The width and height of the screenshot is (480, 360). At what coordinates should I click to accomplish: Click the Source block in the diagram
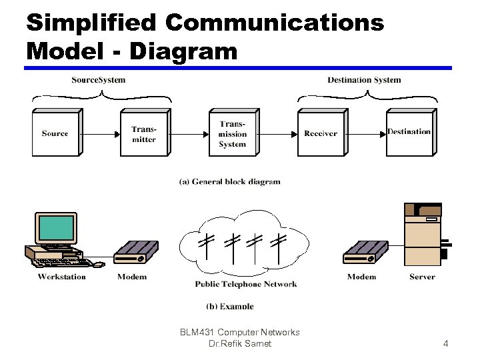click(x=56, y=133)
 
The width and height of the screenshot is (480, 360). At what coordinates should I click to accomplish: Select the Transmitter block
click(x=144, y=133)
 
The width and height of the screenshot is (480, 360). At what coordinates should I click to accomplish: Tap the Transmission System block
click(x=233, y=133)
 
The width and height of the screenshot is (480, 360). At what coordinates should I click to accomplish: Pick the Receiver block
click(x=321, y=133)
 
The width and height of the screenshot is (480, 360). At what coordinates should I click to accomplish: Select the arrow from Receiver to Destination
click(x=367, y=133)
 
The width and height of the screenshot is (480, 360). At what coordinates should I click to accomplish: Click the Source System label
click(x=98, y=80)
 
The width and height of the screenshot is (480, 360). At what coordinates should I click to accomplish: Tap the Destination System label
click(x=364, y=80)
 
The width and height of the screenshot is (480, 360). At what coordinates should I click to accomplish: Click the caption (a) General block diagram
click(x=230, y=181)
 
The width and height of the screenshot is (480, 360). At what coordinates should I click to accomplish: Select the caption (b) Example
click(x=230, y=306)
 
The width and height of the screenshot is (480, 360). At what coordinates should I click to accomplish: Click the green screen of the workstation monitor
click(x=56, y=227)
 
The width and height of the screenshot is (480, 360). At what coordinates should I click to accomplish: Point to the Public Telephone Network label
click(x=246, y=284)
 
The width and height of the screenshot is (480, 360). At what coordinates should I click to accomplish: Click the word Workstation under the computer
click(x=61, y=277)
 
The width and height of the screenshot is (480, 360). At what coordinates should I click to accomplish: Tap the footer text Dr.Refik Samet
click(x=240, y=343)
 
